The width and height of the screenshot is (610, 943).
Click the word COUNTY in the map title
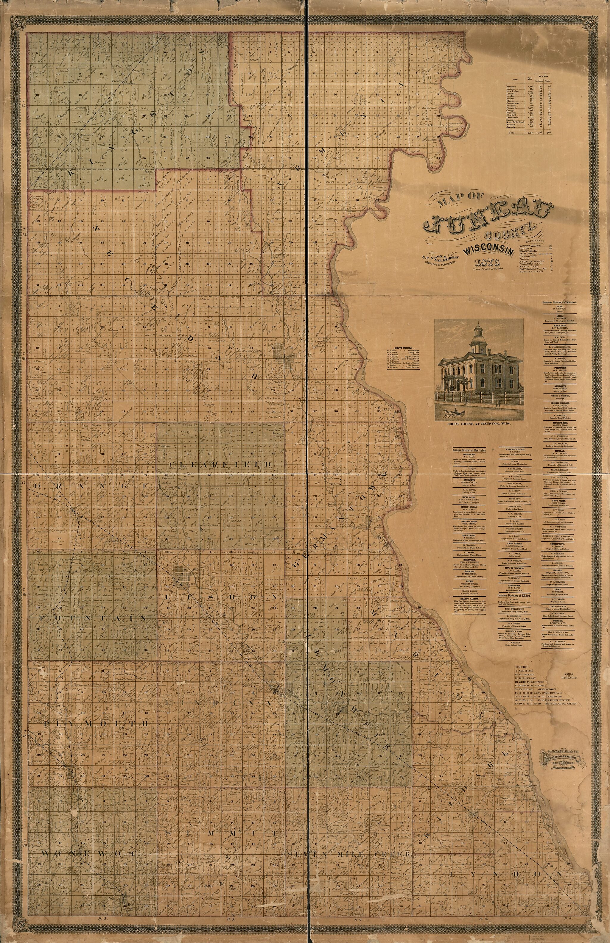pyautogui.click(x=511, y=229)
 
